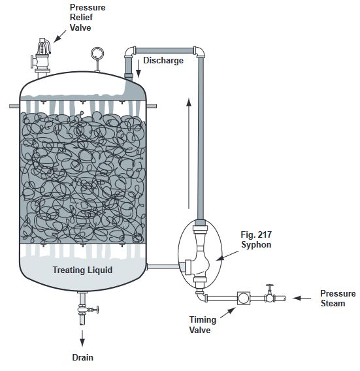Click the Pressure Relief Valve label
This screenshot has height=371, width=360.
(x=88, y=18)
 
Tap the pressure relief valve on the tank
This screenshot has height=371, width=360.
(x=41, y=57)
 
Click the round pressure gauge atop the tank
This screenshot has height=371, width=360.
(x=97, y=54)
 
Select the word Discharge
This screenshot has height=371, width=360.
(x=163, y=60)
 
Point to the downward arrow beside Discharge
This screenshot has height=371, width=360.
(x=139, y=69)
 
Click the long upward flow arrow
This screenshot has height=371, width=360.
(x=189, y=153)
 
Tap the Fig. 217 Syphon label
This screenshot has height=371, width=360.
(x=256, y=240)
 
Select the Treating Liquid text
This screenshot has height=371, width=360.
(x=82, y=270)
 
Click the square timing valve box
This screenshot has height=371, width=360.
(x=244, y=298)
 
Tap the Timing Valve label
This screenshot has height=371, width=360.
(x=203, y=325)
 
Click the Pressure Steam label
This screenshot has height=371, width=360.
(x=338, y=298)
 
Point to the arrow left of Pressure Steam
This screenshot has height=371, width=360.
(x=302, y=298)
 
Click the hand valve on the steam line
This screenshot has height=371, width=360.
(x=270, y=294)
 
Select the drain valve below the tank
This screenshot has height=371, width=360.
(x=86, y=309)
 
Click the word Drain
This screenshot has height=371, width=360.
(x=82, y=357)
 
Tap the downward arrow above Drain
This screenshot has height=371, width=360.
(x=82, y=338)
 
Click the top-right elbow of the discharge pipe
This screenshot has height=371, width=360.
(x=199, y=52)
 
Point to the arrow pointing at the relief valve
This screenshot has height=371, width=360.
(x=59, y=36)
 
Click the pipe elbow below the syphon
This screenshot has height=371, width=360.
(x=201, y=296)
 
